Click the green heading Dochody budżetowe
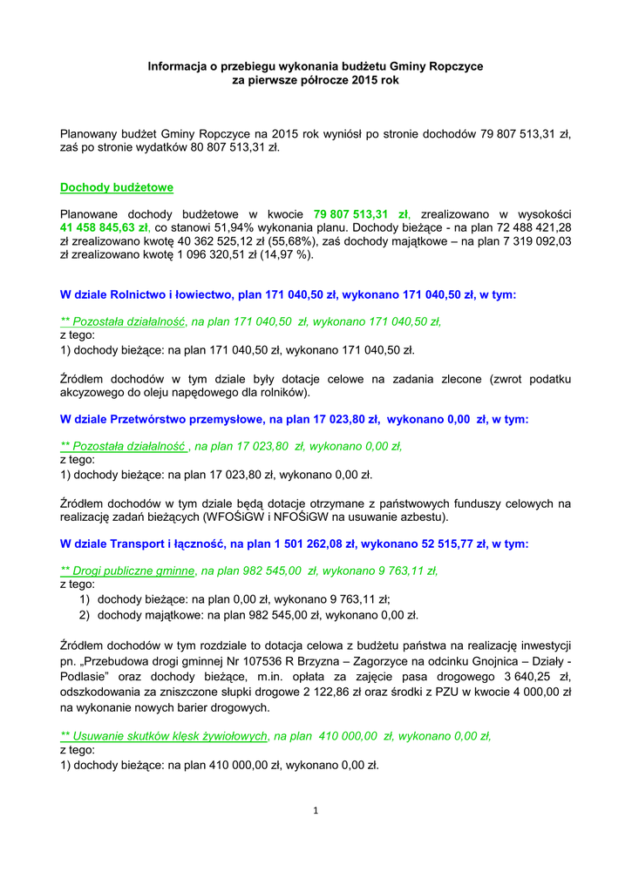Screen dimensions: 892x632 click(x=116, y=187)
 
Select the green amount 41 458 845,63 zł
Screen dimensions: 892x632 click(x=105, y=226)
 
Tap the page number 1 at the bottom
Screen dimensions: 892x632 click(x=316, y=812)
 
